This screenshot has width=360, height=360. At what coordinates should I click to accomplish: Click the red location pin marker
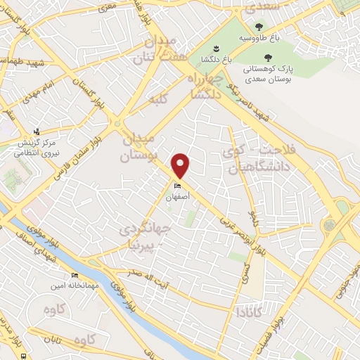[181, 165]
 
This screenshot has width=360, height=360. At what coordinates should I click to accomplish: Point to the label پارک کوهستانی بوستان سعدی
[266, 72]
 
